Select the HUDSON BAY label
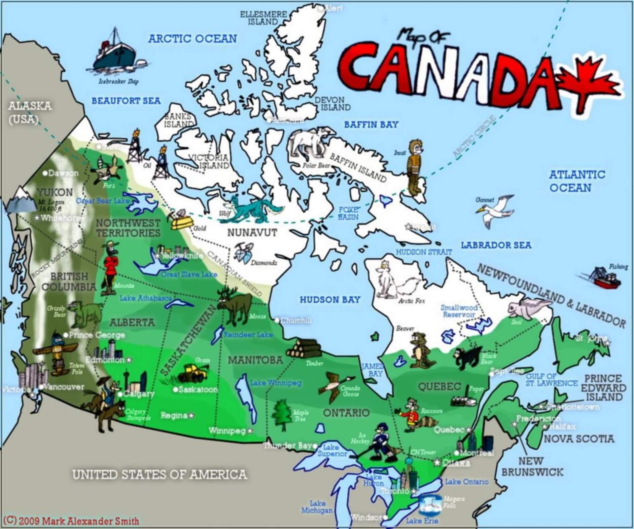tap(330, 300)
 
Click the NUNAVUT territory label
tap(252, 233)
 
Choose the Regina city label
tap(174, 415)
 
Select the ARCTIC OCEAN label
tap(193, 39)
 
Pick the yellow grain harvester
tap(193, 373)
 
